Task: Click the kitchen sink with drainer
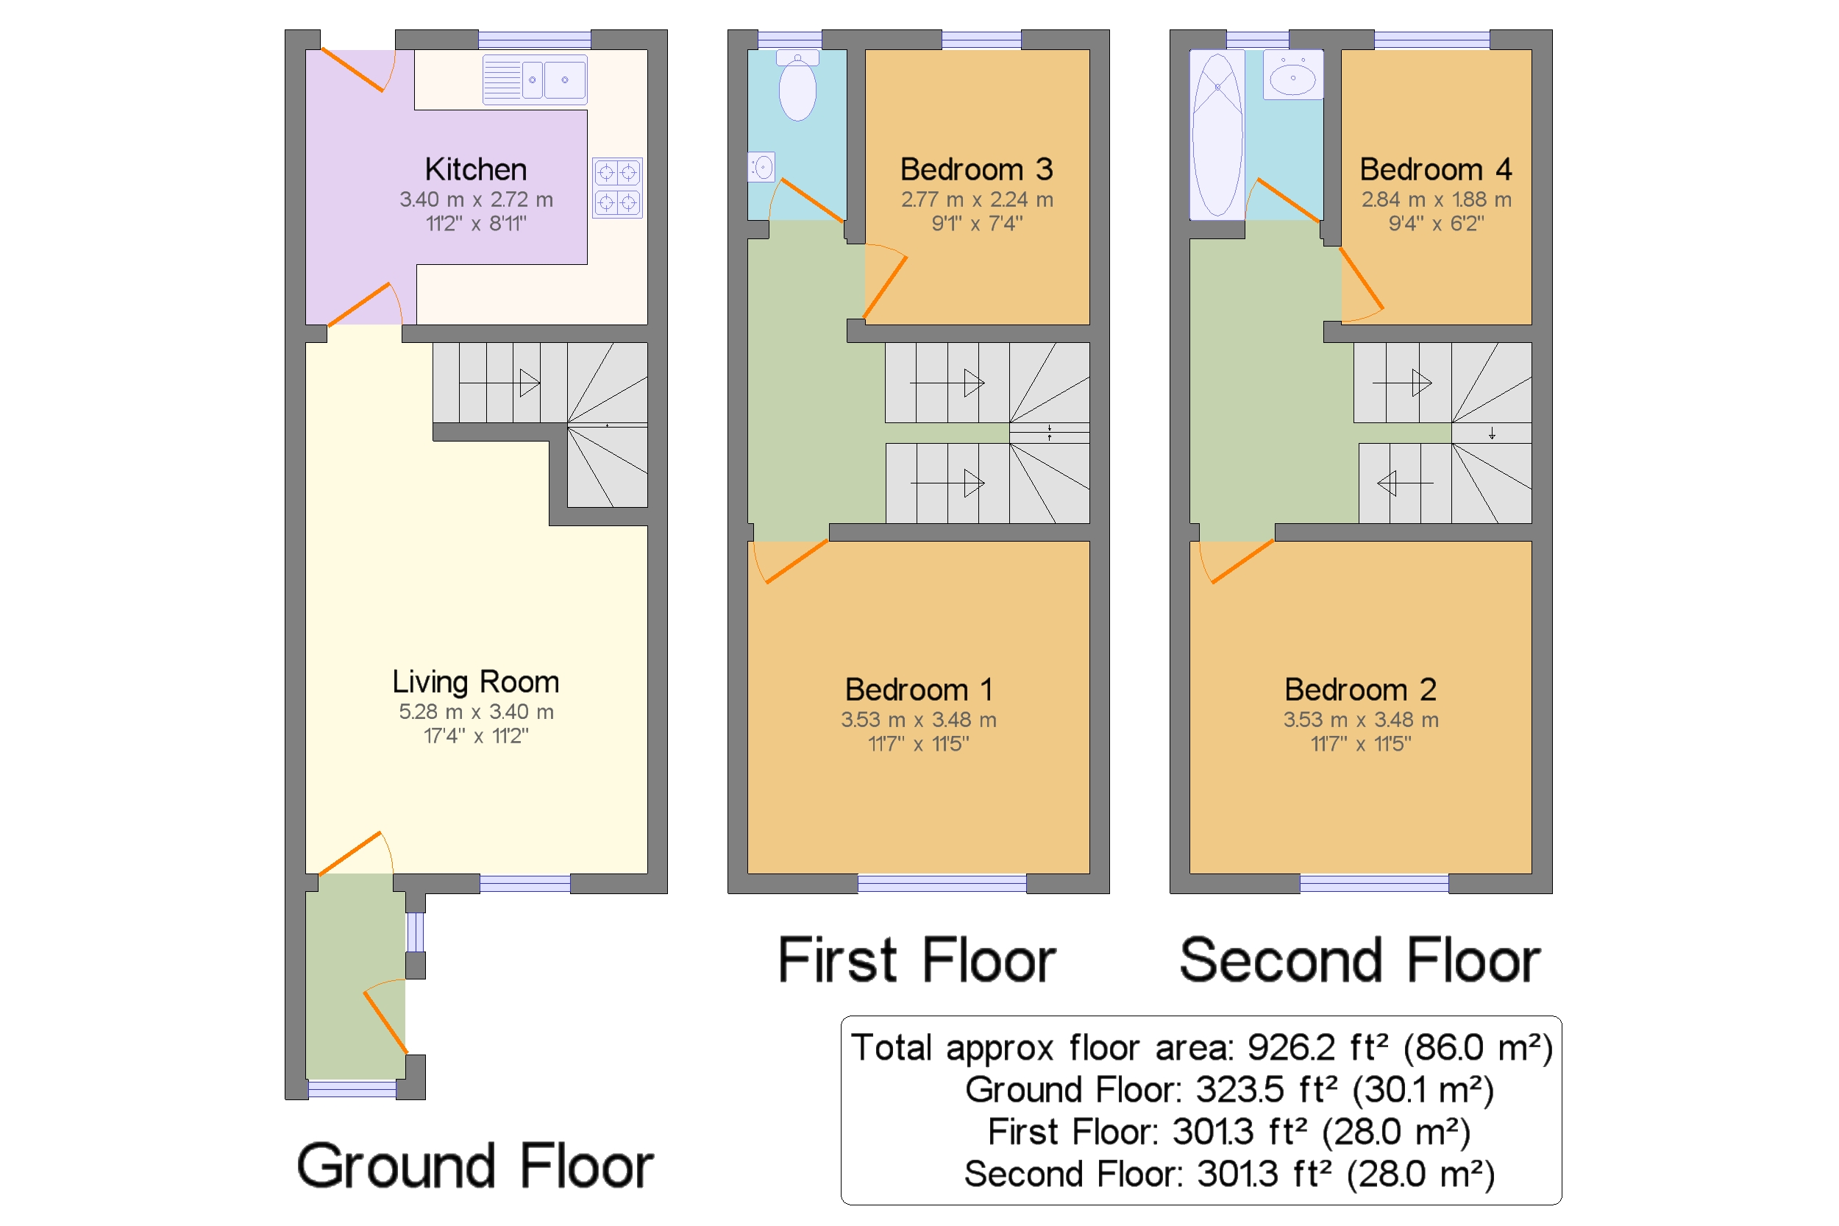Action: coord(535,79)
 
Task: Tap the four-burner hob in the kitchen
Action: coord(616,188)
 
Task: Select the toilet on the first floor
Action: coord(797,85)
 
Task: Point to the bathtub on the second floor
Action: coord(1217,135)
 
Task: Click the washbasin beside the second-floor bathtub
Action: coord(1292,75)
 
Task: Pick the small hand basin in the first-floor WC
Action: coord(761,166)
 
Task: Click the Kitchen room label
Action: coord(476,169)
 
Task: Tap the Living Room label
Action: coord(476,681)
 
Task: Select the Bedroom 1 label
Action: coord(919,690)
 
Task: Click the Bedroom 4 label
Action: coord(1436,169)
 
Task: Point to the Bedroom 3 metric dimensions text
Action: coord(977,199)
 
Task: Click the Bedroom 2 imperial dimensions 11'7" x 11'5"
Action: coord(1361,743)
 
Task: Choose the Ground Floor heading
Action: coord(475,1166)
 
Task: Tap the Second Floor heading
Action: coord(1360,960)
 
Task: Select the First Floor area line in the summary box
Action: coord(1228,1132)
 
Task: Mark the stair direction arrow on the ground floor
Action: coord(499,383)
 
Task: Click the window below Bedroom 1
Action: coord(942,884)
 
